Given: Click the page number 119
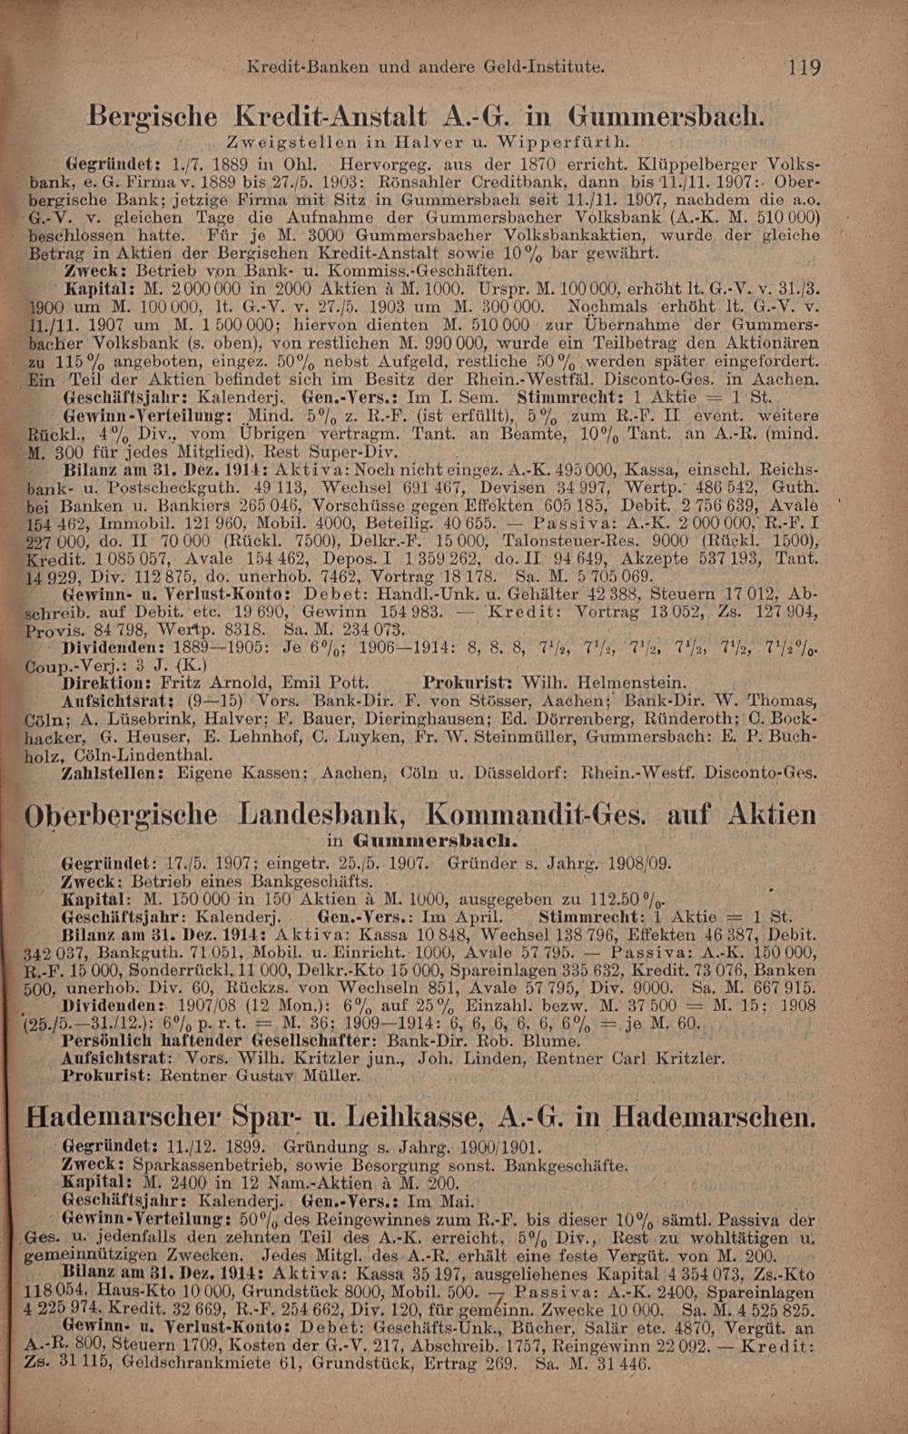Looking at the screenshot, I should pos(804,67).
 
